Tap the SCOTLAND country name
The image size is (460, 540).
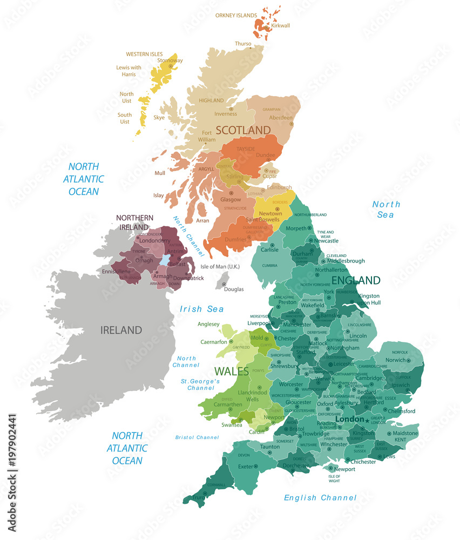coord(243,130)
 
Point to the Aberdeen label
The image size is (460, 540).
coord(281,118)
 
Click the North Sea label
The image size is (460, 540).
coord(386,209)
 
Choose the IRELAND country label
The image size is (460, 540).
coord(121,330)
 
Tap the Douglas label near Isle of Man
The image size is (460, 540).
coord(234,289)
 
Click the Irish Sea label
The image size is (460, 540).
coord(201,309)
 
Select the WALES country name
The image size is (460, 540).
coord(232,372)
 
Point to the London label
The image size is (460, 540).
coord(349,420)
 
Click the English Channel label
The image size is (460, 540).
coord(320,497)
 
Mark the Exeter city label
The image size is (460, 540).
coord(246,466)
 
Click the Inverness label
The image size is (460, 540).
coord(226,114)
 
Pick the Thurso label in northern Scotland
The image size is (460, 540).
coord(243,44)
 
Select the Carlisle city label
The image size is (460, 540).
coord(269,250)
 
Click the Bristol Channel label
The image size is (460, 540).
coord(197,437)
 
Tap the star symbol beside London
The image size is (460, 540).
coord(367,420)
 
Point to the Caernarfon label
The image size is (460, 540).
coord(214,342)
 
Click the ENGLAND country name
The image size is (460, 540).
coord(356,280)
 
